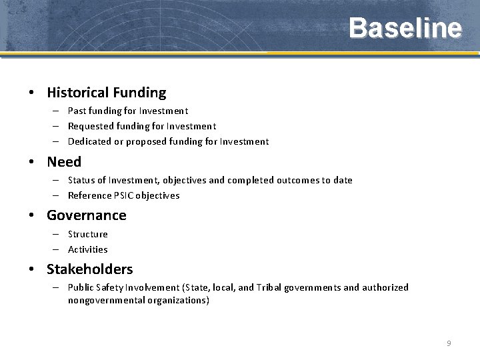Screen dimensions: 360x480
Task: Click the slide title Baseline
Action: click(x=405, y=28)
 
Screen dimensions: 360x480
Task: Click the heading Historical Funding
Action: click(x=106, y=93)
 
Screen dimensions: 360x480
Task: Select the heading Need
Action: click(x=64, y=162)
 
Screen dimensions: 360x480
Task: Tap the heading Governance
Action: click(x=86, y=215)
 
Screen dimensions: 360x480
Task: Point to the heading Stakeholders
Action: click(x=89, y=269)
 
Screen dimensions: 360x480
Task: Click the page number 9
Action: click(x=449, y=343)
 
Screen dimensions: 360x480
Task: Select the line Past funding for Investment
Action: click(x=128, y=111)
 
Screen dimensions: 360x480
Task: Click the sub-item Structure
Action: click(x=87, y=234)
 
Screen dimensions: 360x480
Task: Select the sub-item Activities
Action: click(x=87, y=249)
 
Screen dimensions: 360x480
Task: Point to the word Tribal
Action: click(x=269, y=287)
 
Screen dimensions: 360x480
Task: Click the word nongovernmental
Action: click(x=101, y=300)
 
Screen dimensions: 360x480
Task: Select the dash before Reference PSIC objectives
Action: click(x=57, y=195)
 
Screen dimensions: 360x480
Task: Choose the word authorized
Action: click(x=385, y=287)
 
